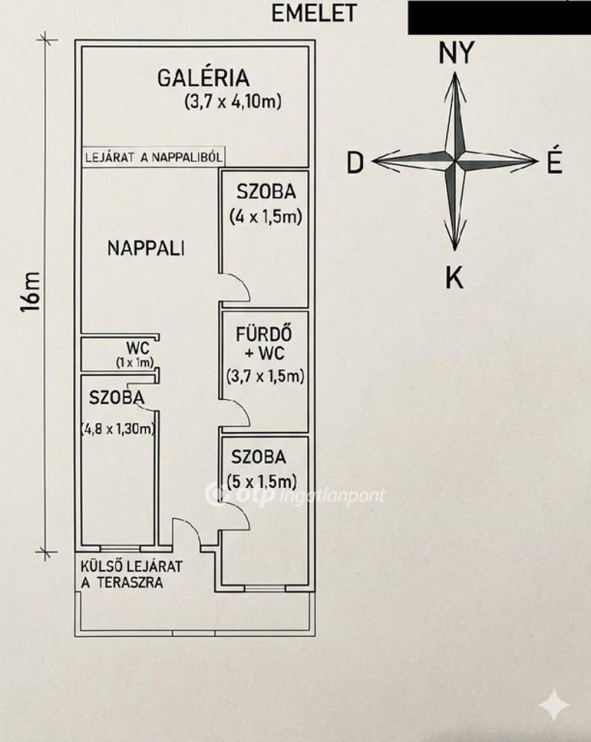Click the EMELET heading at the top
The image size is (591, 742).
[314, 13]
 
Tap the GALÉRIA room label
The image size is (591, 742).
[203, 78]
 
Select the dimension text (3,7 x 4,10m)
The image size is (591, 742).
[233, 102]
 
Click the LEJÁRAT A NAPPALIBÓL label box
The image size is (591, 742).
[153, 157]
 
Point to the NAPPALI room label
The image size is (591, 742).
[146, 248]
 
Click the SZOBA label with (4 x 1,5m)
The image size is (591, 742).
[266, 192]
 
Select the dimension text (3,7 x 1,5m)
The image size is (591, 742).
[265, 376]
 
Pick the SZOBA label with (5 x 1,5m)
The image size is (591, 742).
[259, 457]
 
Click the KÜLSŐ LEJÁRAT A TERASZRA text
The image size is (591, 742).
[130, 575]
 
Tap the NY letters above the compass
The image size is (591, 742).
[455, 53]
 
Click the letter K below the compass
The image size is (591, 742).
[454, 278]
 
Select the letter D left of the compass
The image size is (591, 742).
[355, 163]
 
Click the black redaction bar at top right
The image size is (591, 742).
[499, 17]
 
